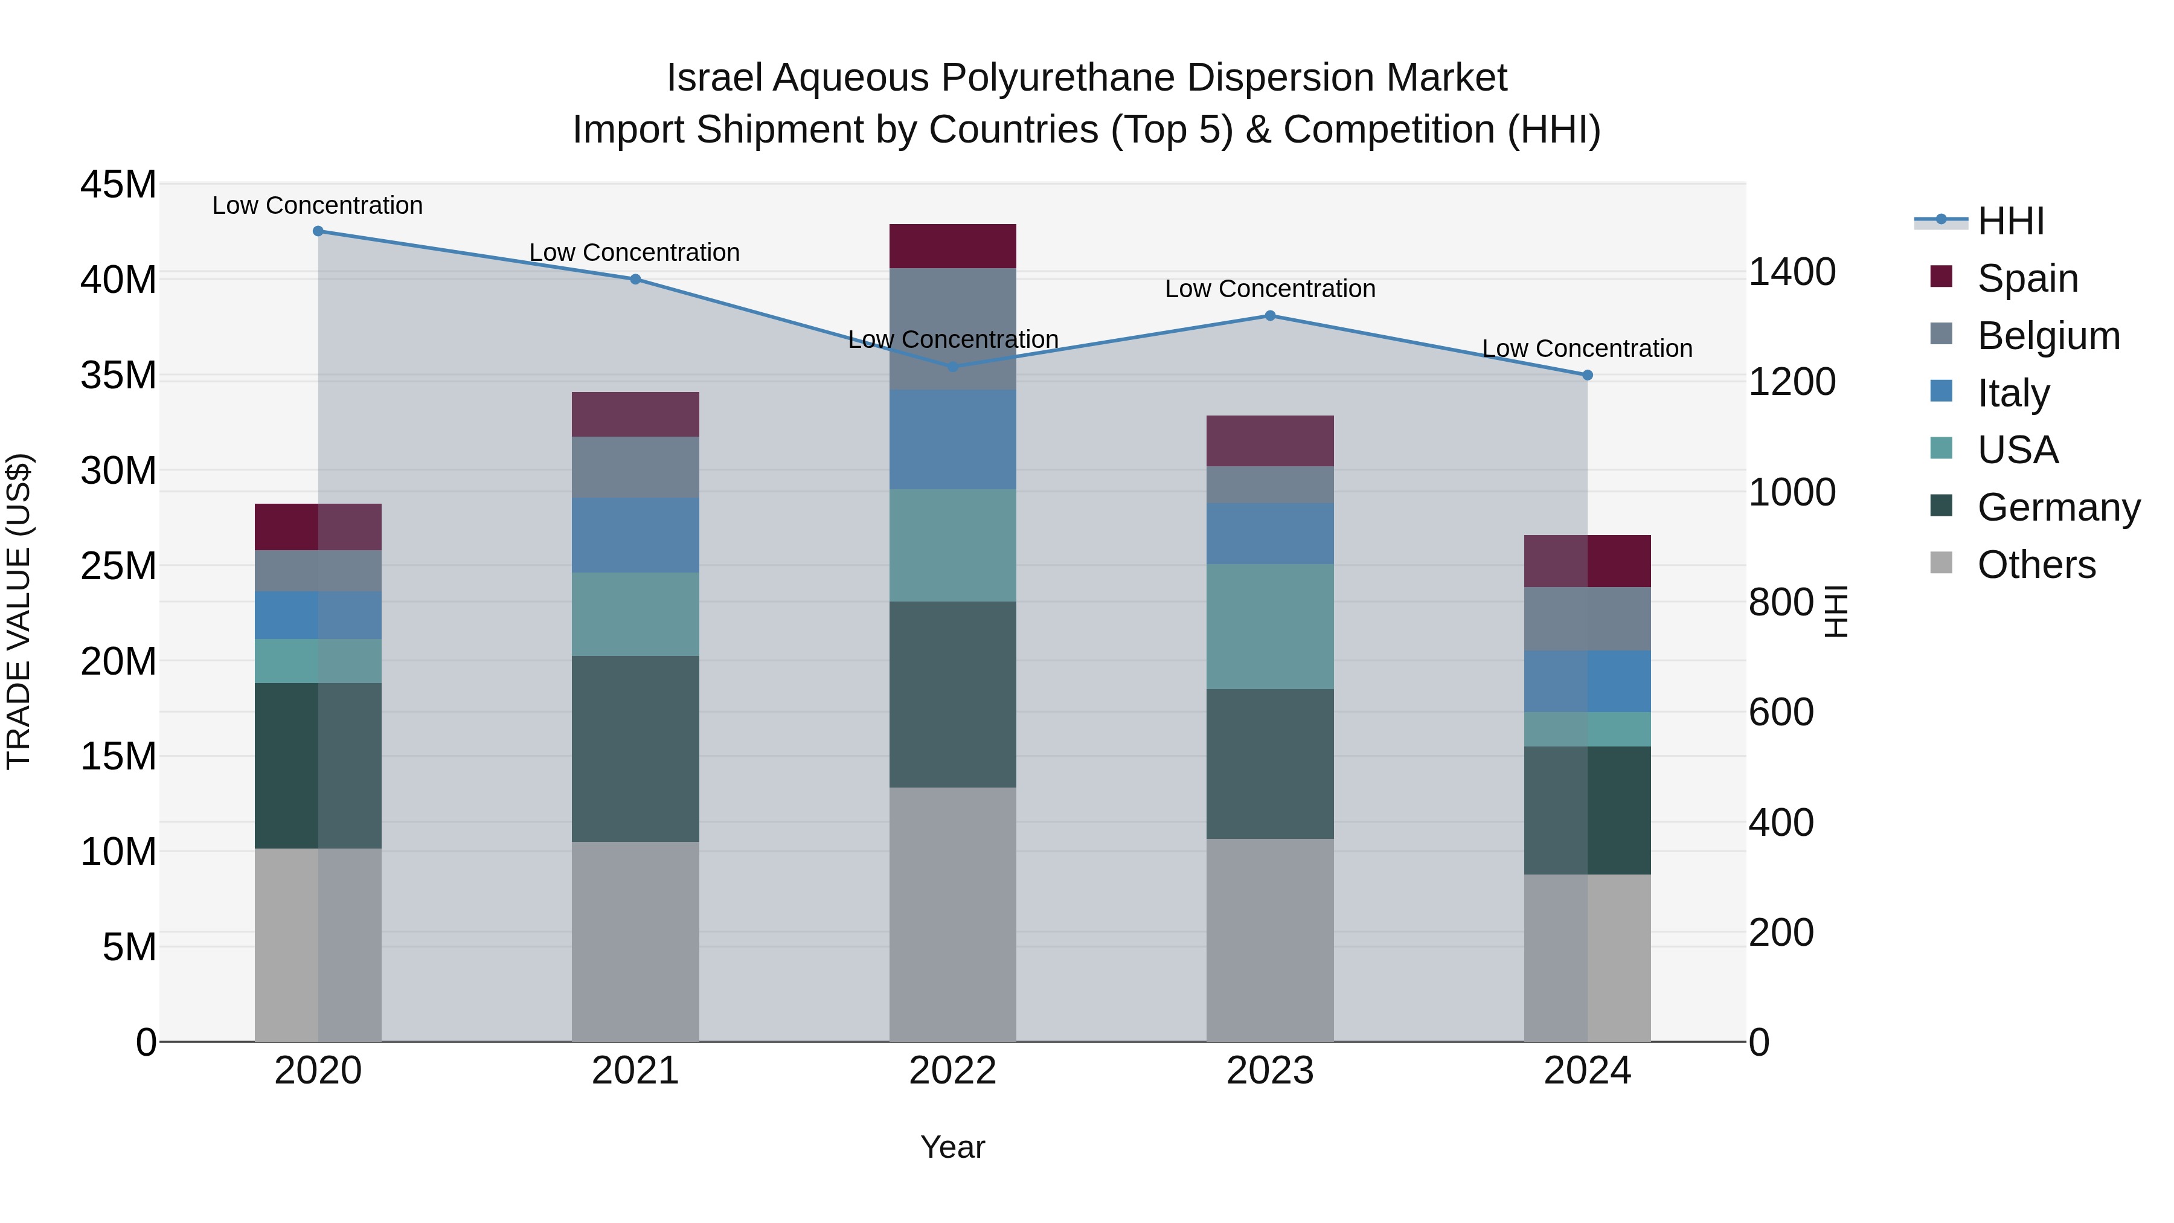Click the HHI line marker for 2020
318,231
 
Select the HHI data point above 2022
953,367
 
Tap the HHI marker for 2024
1588,374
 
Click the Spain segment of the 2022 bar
953,246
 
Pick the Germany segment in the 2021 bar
635,749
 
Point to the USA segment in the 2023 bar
1270,626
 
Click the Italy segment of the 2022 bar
953,440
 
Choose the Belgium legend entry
2048,336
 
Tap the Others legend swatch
1941,563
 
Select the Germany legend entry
2059,507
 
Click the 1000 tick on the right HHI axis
1792,492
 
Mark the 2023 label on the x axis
1270,1071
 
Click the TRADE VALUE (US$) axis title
19,611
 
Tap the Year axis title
953,1147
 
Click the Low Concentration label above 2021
635,252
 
